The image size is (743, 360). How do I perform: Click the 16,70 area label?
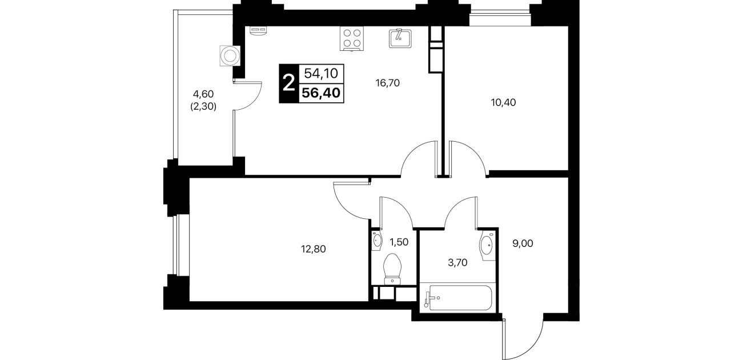click(387, 83)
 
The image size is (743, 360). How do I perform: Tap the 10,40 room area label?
click(503, 102)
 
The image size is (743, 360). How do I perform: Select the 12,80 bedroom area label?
click(313, 249)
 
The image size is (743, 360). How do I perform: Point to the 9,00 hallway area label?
click(523, 243)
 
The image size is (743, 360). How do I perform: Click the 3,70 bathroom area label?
click(457, 263)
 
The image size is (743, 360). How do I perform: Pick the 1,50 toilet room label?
click(399, 242)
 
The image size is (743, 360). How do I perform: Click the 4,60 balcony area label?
click(203, 94)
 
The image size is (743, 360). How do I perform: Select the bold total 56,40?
click(321, 93)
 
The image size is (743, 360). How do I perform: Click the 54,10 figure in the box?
click(321, 73)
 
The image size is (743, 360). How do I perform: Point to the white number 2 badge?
click(288, 83)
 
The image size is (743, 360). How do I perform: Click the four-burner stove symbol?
click(352, 38)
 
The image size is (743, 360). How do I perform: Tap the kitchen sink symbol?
click(400, 38)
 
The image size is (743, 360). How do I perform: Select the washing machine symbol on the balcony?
click(230, 56)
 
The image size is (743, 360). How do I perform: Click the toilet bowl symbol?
click(392, 269)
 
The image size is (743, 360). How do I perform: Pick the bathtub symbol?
click(458, 298)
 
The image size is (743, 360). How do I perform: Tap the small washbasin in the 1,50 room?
click(377, 239)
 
